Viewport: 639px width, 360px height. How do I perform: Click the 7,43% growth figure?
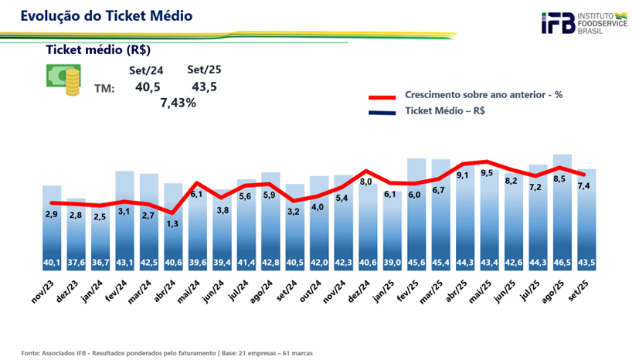(178, 103)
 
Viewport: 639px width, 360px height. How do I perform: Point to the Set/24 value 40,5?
(148, 87)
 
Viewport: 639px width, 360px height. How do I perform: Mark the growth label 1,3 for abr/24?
(174, 223)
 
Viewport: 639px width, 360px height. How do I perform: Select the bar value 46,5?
(563, 263)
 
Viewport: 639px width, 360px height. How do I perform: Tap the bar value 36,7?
(101, 263)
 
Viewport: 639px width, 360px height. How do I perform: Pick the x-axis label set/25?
(585, 294)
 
